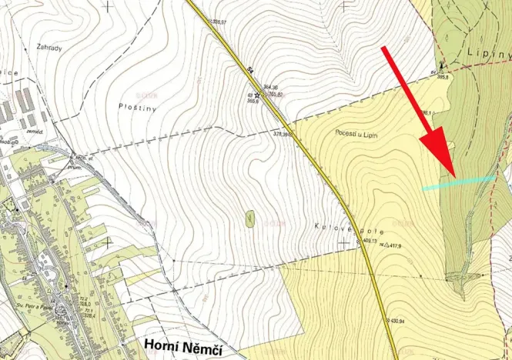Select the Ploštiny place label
click(x=138, y=108)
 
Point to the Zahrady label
click(x=49, y=47)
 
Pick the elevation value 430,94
click(x=395, y=318)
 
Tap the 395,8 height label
click(x=442, y=77)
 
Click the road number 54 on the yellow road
click(x=250, y=70)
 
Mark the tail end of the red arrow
click(x=384, y=48)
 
